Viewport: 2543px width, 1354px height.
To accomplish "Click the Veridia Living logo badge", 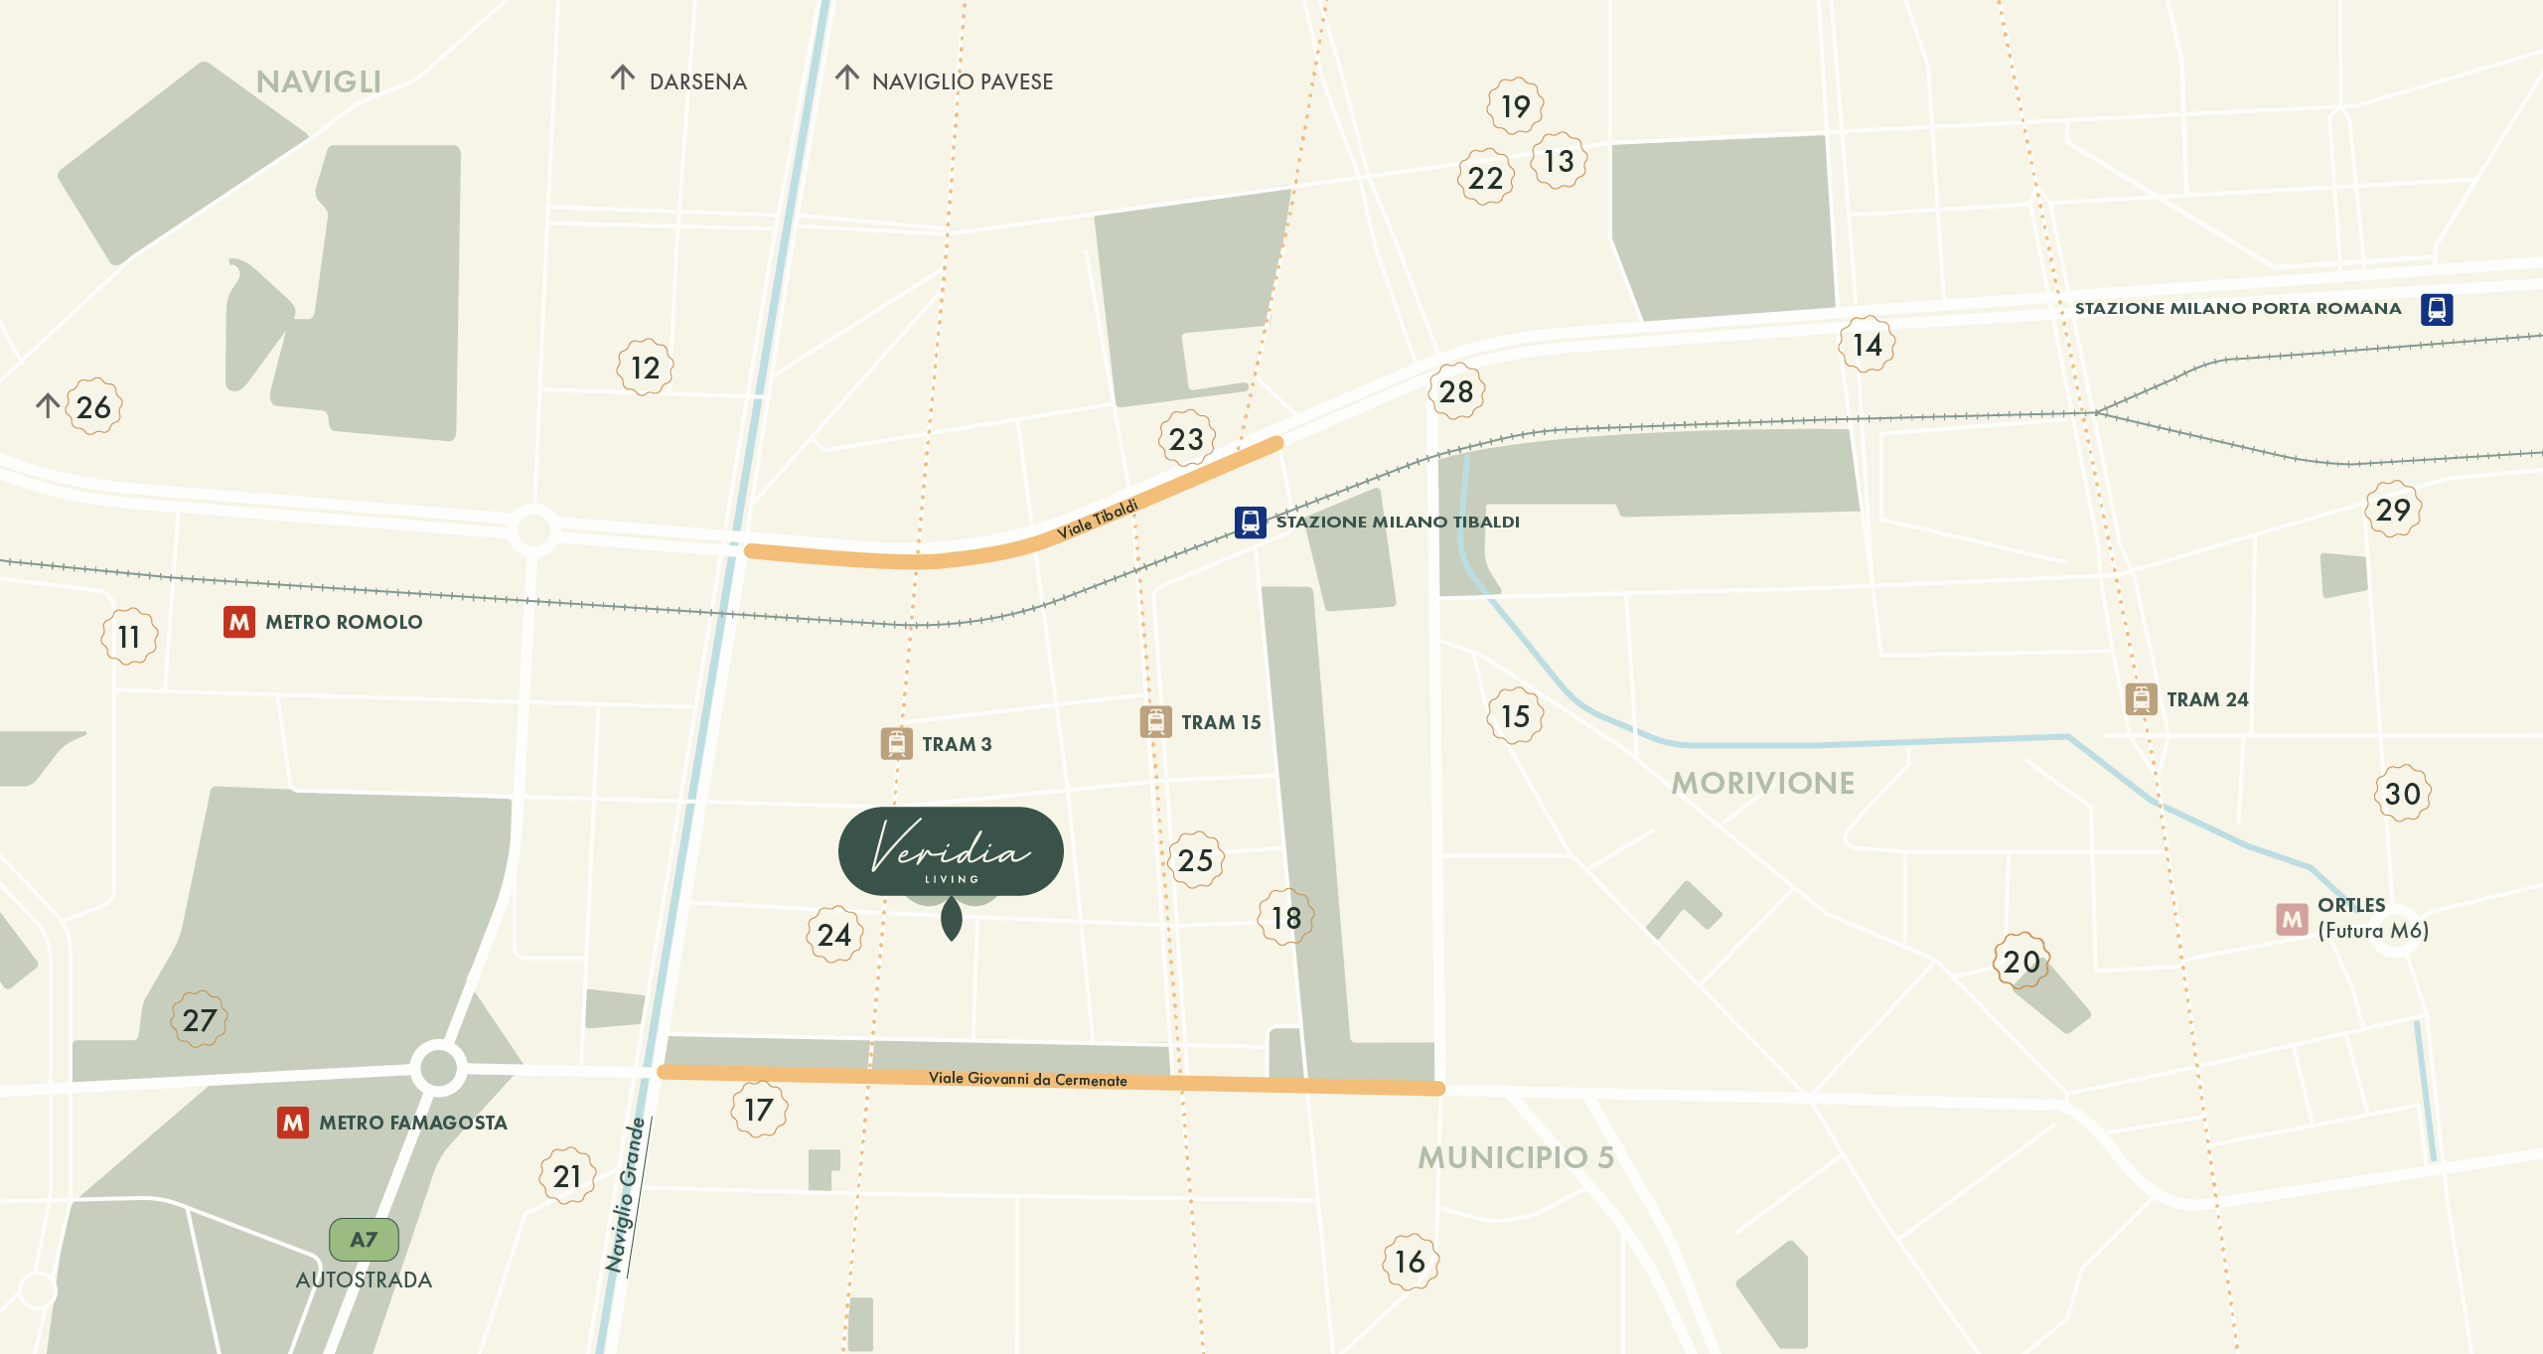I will click(951, 851).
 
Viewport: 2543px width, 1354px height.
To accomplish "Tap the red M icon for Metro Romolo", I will click(239, 622).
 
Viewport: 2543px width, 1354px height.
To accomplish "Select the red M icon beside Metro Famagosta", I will click(293, 1123).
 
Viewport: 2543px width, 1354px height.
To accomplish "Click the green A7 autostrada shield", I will click(364, 1239).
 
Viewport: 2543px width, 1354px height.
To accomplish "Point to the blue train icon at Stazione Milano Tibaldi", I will click(1250, 522).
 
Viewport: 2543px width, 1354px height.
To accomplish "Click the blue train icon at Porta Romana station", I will click(2436, 309).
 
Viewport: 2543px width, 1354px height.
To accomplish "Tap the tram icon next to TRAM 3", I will click(896, 743).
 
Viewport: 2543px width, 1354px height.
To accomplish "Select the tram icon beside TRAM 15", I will click(1155, 721).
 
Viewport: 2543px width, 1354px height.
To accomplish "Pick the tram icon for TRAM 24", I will click(2141, 699).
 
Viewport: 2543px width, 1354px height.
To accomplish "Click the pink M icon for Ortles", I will click(2292, 919).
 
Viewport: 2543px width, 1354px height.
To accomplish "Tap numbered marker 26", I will click(94, 406).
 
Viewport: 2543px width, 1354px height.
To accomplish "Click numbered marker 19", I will click(1515, 105).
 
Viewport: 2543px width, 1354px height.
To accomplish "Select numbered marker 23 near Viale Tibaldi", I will click(1186, 438).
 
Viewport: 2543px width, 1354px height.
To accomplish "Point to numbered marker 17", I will click(759, 1110).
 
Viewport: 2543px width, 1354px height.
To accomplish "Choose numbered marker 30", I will click(2402, 793).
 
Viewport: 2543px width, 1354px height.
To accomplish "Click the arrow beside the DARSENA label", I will click(623, 77).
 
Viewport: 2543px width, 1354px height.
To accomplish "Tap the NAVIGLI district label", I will click(318, 81).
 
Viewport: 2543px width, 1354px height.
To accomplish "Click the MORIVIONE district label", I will click(1762, 783).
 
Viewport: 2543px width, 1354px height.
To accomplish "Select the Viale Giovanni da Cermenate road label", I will click(1027, 1079).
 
